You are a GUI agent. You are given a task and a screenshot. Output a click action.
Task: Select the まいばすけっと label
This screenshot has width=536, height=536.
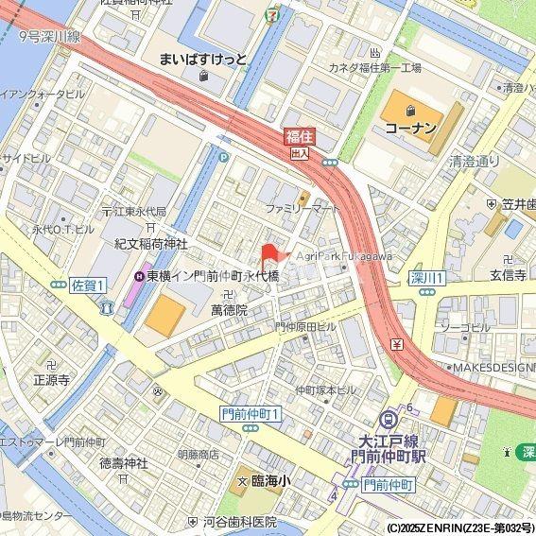tap(203, 59)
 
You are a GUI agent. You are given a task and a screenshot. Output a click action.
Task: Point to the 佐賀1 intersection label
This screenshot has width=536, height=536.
tap(88, 285)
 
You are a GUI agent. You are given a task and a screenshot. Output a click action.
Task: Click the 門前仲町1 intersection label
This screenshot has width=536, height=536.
tap(251, 414)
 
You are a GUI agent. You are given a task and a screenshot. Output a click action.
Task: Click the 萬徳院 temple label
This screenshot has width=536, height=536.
tap(228, 309)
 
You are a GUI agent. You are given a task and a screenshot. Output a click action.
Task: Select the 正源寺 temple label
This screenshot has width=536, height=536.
tap(52, 380)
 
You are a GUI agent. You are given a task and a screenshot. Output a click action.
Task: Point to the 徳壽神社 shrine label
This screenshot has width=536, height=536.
tap(124, 463)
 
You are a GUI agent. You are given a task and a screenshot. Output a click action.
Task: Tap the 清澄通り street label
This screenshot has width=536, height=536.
tap(475, 161)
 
